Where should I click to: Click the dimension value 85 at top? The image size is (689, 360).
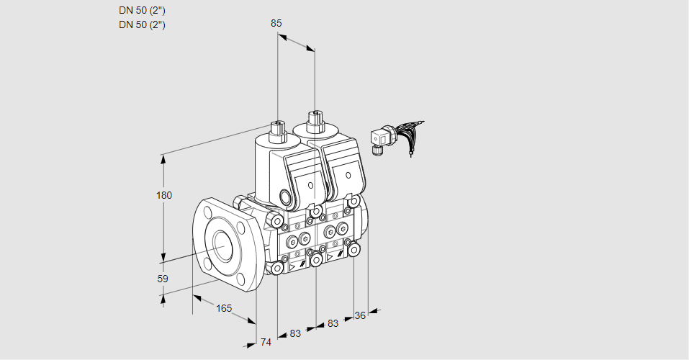click(x=276, y=23)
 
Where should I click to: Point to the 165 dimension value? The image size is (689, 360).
click(x=224, y=308)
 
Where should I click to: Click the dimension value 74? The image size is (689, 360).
click(x=266, y=342)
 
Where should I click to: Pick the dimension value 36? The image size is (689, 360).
click(x=361, y=315)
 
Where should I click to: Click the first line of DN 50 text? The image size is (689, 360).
click(x=142, y=10)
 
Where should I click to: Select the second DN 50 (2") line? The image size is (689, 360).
click(x=142, y=24)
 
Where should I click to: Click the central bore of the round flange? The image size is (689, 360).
click(x=221, y=245)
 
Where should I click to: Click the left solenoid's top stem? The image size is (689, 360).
click(x=277, y=131)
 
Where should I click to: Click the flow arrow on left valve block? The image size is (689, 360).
click(x=292, y=266)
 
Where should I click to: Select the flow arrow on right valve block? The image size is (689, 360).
click(x=330, y=256)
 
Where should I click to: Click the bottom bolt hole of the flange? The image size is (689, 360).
click(x=235, y=279)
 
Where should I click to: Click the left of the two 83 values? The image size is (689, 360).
click(x=295, y=333)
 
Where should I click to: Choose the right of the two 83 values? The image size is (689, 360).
click(x=333, y=324)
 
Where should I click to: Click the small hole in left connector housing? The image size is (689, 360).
click(x=310, y=186)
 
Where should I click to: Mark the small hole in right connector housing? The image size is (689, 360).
click(x=348, y=175)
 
